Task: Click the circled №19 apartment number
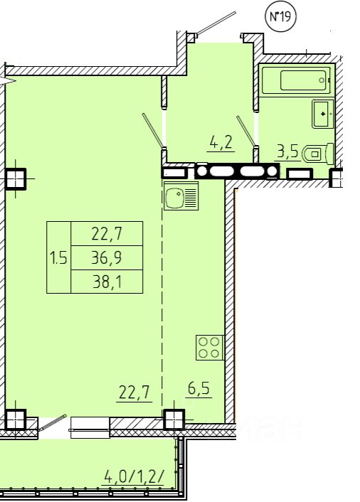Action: (x=281, y=16)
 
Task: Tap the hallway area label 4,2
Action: (x=221, y=142)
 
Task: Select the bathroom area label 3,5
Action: (x=287, y=151)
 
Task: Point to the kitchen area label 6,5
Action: (x=198, y=388)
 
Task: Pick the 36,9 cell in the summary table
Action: (x=107, y=257)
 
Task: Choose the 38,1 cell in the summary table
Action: (x=107, y=282)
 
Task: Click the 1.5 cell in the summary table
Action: (x=58, y=257)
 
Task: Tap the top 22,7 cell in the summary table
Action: (x=107, y=234)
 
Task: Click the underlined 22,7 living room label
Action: (x=134, y=392)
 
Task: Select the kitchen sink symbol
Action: (x=181, y=196)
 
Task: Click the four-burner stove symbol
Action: (x=209, y=348)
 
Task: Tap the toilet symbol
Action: (x=318, y=154)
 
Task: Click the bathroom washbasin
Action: (x=323, y=113)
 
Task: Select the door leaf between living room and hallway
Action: (x=153, y=132)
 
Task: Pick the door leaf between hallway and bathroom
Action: (x=246, y=131)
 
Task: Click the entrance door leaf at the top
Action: (x=216, y=23)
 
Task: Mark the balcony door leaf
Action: (x=52, y=422)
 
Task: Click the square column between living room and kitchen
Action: (x=174, y=420)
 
